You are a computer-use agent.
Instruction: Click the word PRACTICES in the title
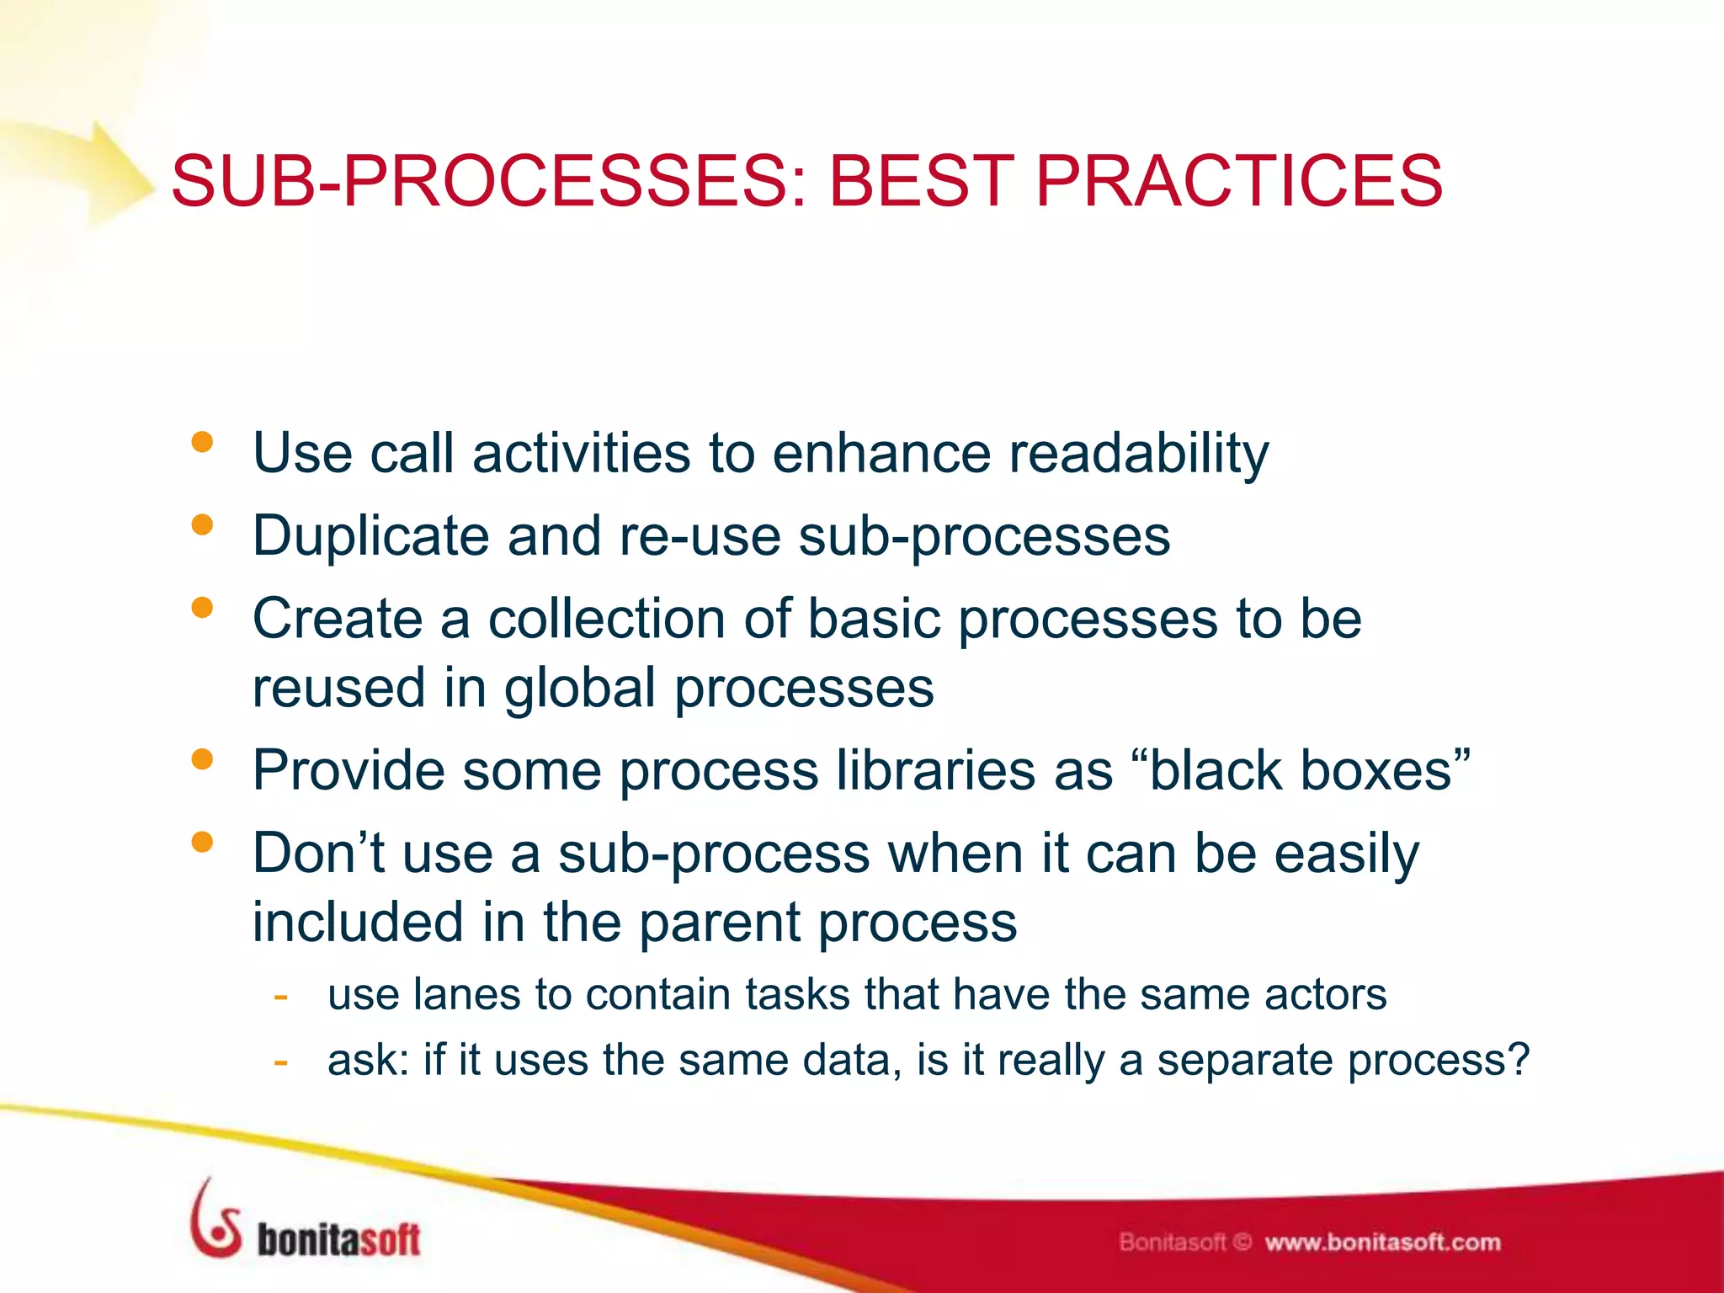[x=1238, y=181]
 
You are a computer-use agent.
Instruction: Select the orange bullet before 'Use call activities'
[x=202, y=443]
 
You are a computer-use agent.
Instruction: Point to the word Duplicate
[x=370, y=536]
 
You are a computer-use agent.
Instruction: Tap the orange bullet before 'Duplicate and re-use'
[x=202, y=525]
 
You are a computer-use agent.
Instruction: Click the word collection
[x=605, y=619]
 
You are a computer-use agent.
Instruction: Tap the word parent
[x=719, y=923]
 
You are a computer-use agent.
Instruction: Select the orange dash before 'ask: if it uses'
[x=281, y=1061]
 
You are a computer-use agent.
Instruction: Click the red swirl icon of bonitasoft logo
[x=215, y=1221]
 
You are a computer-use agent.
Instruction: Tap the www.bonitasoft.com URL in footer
[x=1382, y=1242]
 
